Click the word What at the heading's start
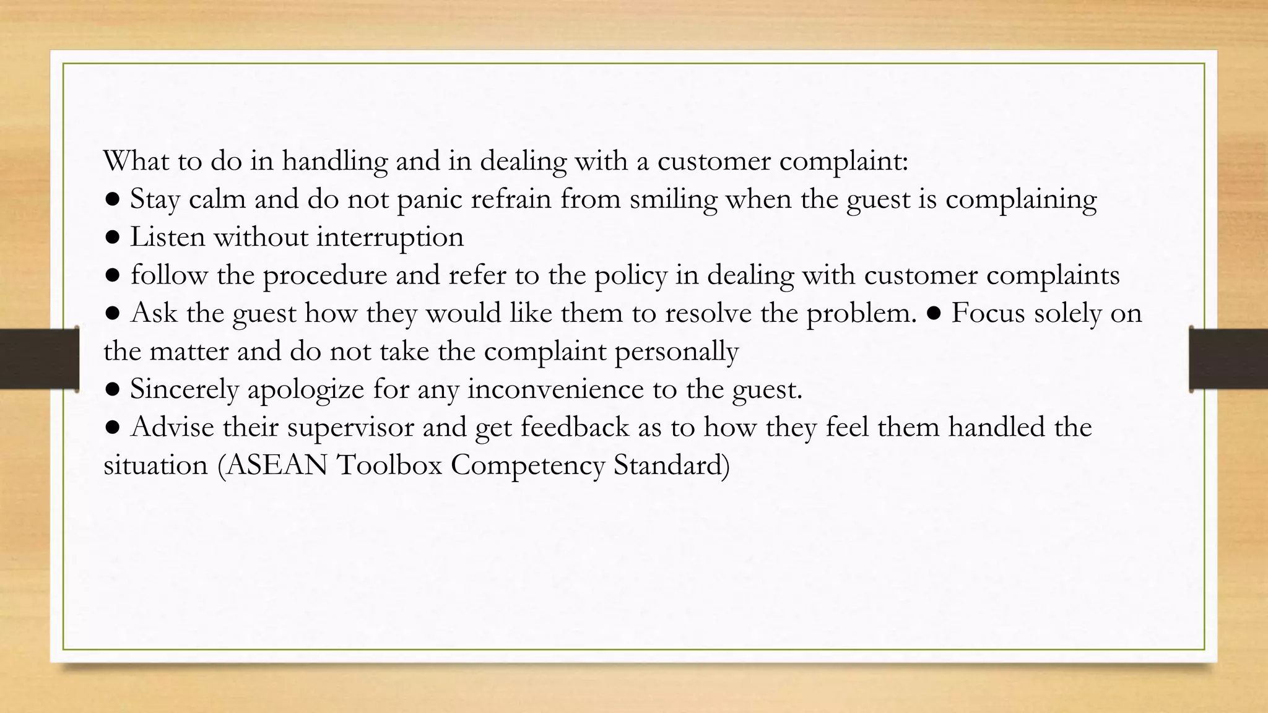136,161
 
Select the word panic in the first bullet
429,200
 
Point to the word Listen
167,237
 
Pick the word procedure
325,276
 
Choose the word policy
631,276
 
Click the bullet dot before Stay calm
112,200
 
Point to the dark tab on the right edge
1228,359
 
